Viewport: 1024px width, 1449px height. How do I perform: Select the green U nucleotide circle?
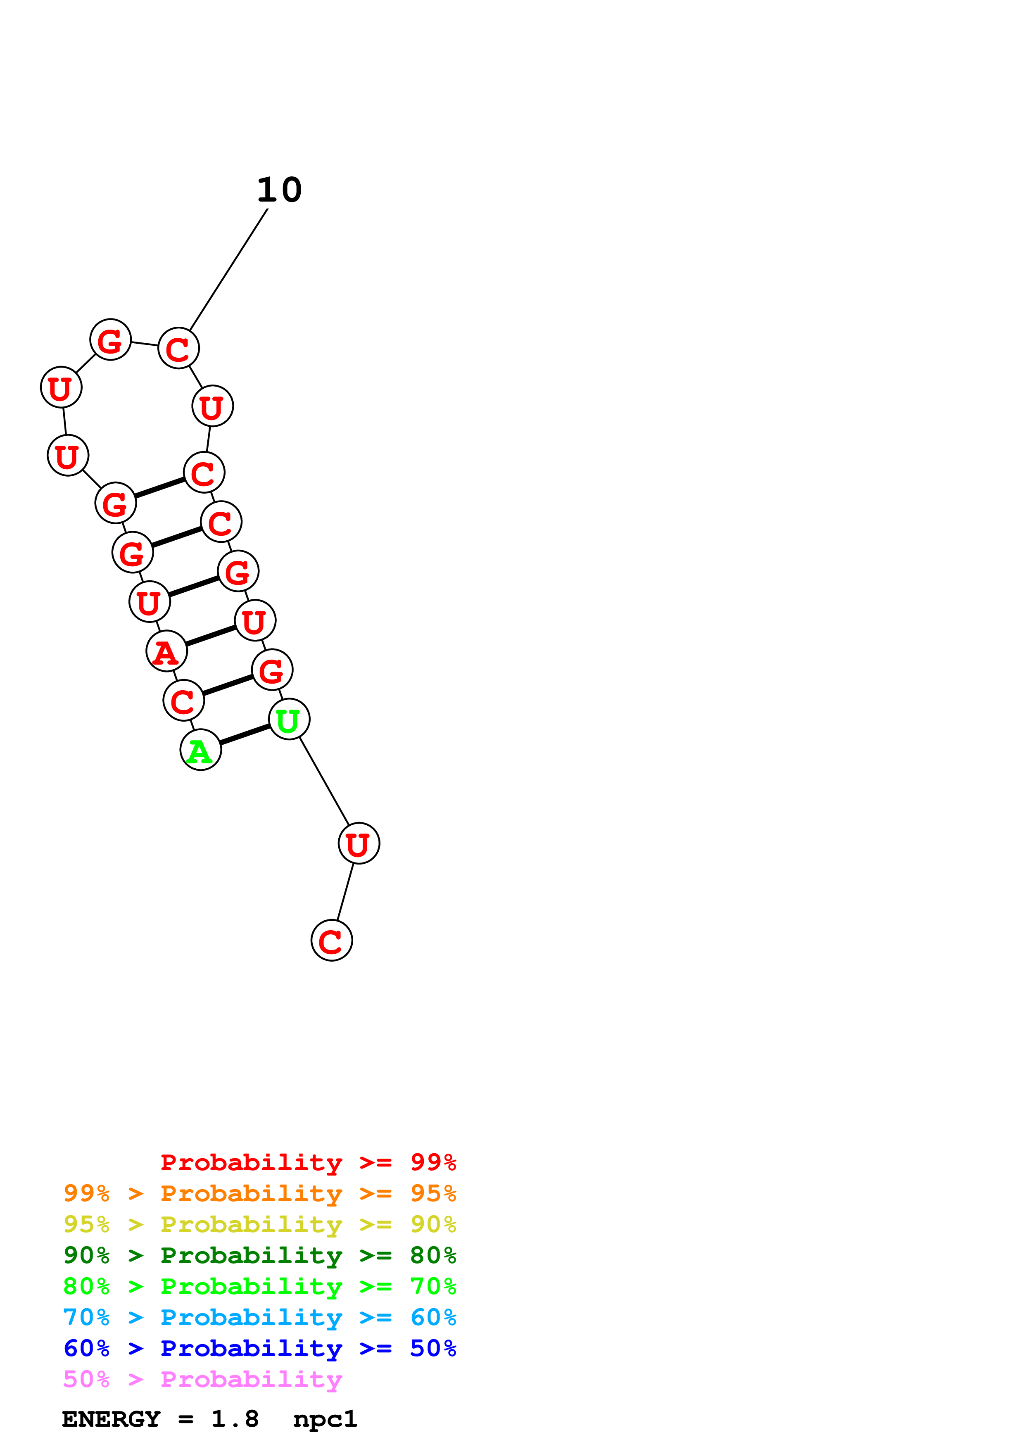coord(289,720)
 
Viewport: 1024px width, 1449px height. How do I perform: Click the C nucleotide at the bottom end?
coord(332,941)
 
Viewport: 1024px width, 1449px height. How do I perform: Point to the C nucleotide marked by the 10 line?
coord(178,348)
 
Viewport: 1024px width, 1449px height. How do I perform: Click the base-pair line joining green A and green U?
coord(245,734)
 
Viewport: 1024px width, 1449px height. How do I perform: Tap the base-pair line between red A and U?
coord(211,636)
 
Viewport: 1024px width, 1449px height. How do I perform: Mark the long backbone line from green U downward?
coord(324,782)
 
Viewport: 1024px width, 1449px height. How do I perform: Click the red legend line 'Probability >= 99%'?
coord(308,1162)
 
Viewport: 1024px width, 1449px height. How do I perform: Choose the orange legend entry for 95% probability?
coord(260,1193)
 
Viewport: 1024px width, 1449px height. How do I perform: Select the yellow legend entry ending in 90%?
coord(260,1224)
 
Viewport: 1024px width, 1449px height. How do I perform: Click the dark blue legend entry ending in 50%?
coord(260,1348)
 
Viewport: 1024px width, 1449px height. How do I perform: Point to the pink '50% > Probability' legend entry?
coord(202,1379)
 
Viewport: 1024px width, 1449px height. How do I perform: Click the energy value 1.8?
coord(235,1419)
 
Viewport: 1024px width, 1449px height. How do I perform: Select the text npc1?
coord(325,1419)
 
